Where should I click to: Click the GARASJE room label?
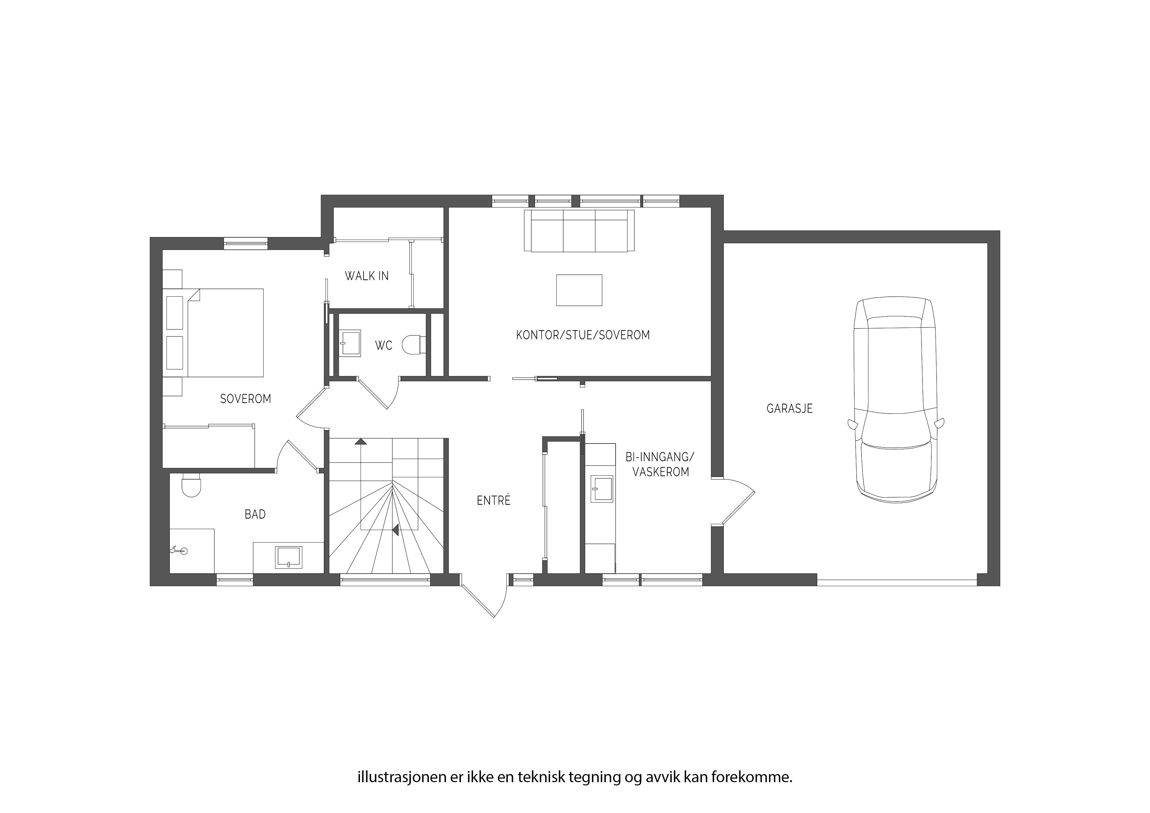pyautogui.click(x=789, y=408)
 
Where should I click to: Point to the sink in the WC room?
pyautogui.click(x=350, y=343)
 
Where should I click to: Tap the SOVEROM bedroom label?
pyautogui.click(x=246, y=399)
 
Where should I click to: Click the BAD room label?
pyautogui.click(x=255, y=514)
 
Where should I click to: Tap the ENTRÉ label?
pyautogui.click(x=493, y=501)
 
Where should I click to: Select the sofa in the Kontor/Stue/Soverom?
pyautogui.click(x=579, y=230)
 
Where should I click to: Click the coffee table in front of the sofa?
pyautogui.click(x=579, y=290)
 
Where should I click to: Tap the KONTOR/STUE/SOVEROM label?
pyautogui.click(x=583, y=335)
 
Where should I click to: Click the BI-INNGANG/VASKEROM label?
pyautogui.click(x=660, y=464)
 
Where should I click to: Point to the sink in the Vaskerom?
pyautogui.click(x=602, y=488)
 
